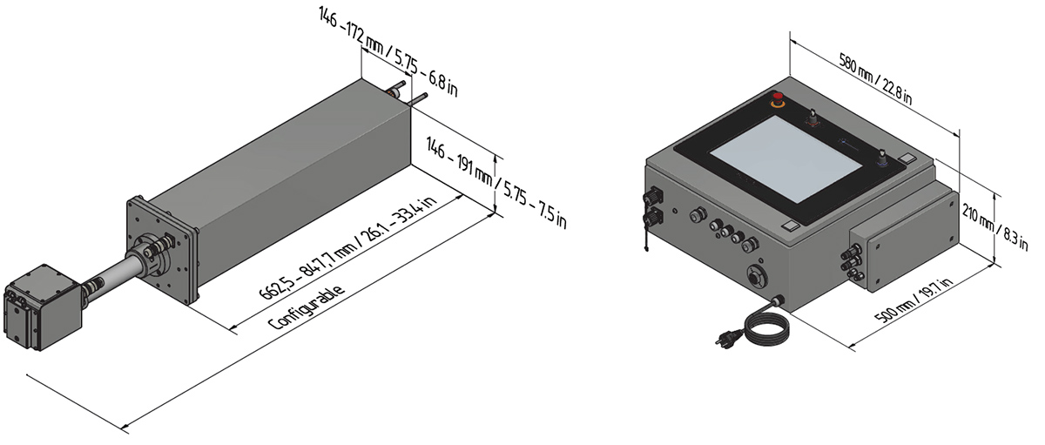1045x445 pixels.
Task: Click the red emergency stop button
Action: tap(777, 98)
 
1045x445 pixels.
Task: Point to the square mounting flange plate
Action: tap(162, 247)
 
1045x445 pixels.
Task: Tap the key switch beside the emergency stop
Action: tap(815, 118)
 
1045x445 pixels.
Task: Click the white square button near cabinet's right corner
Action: tap(907, 159)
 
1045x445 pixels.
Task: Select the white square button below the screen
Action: tap(789, 226)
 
